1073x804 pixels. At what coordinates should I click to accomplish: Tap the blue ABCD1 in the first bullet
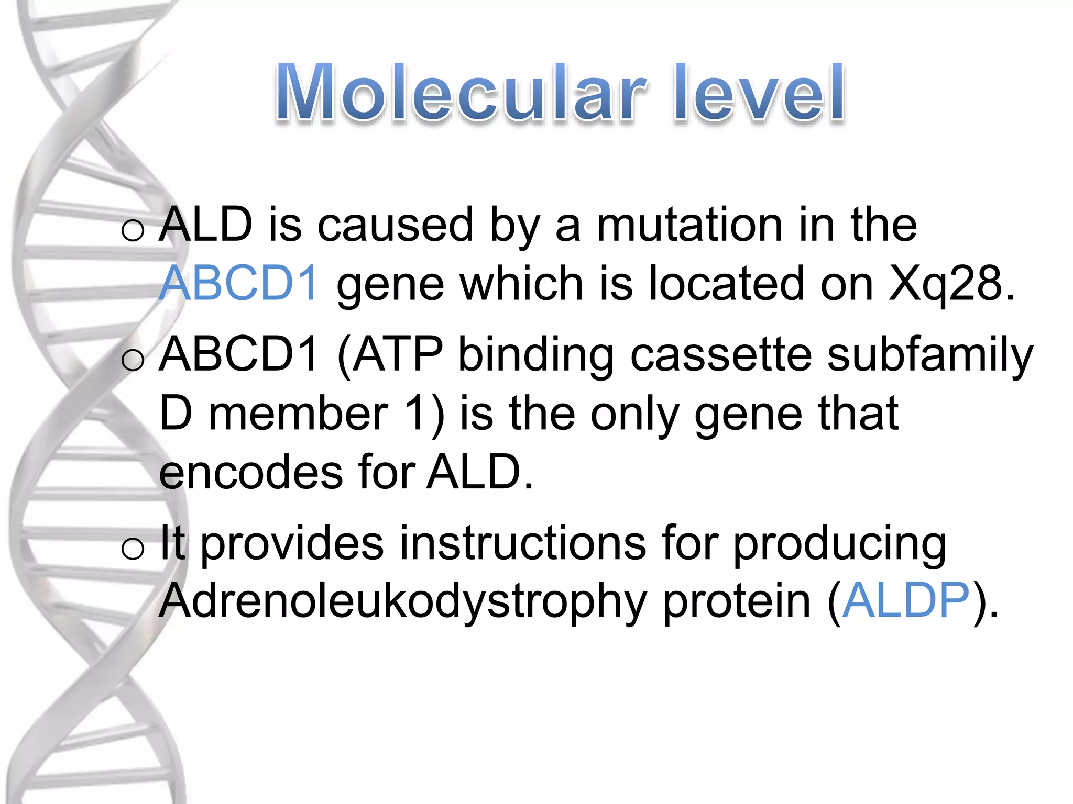[238, 283]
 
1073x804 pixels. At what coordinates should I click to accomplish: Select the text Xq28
[951, 283]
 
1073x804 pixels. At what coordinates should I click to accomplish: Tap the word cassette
[721, 355]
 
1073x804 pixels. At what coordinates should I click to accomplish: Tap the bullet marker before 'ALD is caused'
[132, 230]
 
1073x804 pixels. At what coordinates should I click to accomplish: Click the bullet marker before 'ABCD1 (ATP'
[132, 360]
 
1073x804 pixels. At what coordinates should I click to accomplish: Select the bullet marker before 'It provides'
[132, 549]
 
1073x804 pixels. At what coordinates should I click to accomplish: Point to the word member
[299, 414]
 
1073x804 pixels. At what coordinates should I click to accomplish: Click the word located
[726, 283]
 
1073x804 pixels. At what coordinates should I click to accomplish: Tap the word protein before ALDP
[737, 600]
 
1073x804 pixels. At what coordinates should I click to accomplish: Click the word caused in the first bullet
[396, 225]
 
